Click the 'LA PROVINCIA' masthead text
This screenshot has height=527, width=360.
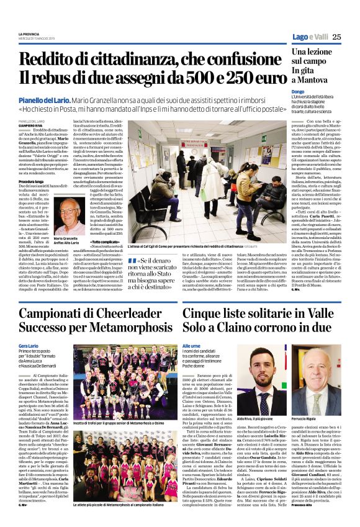point(30,34)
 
